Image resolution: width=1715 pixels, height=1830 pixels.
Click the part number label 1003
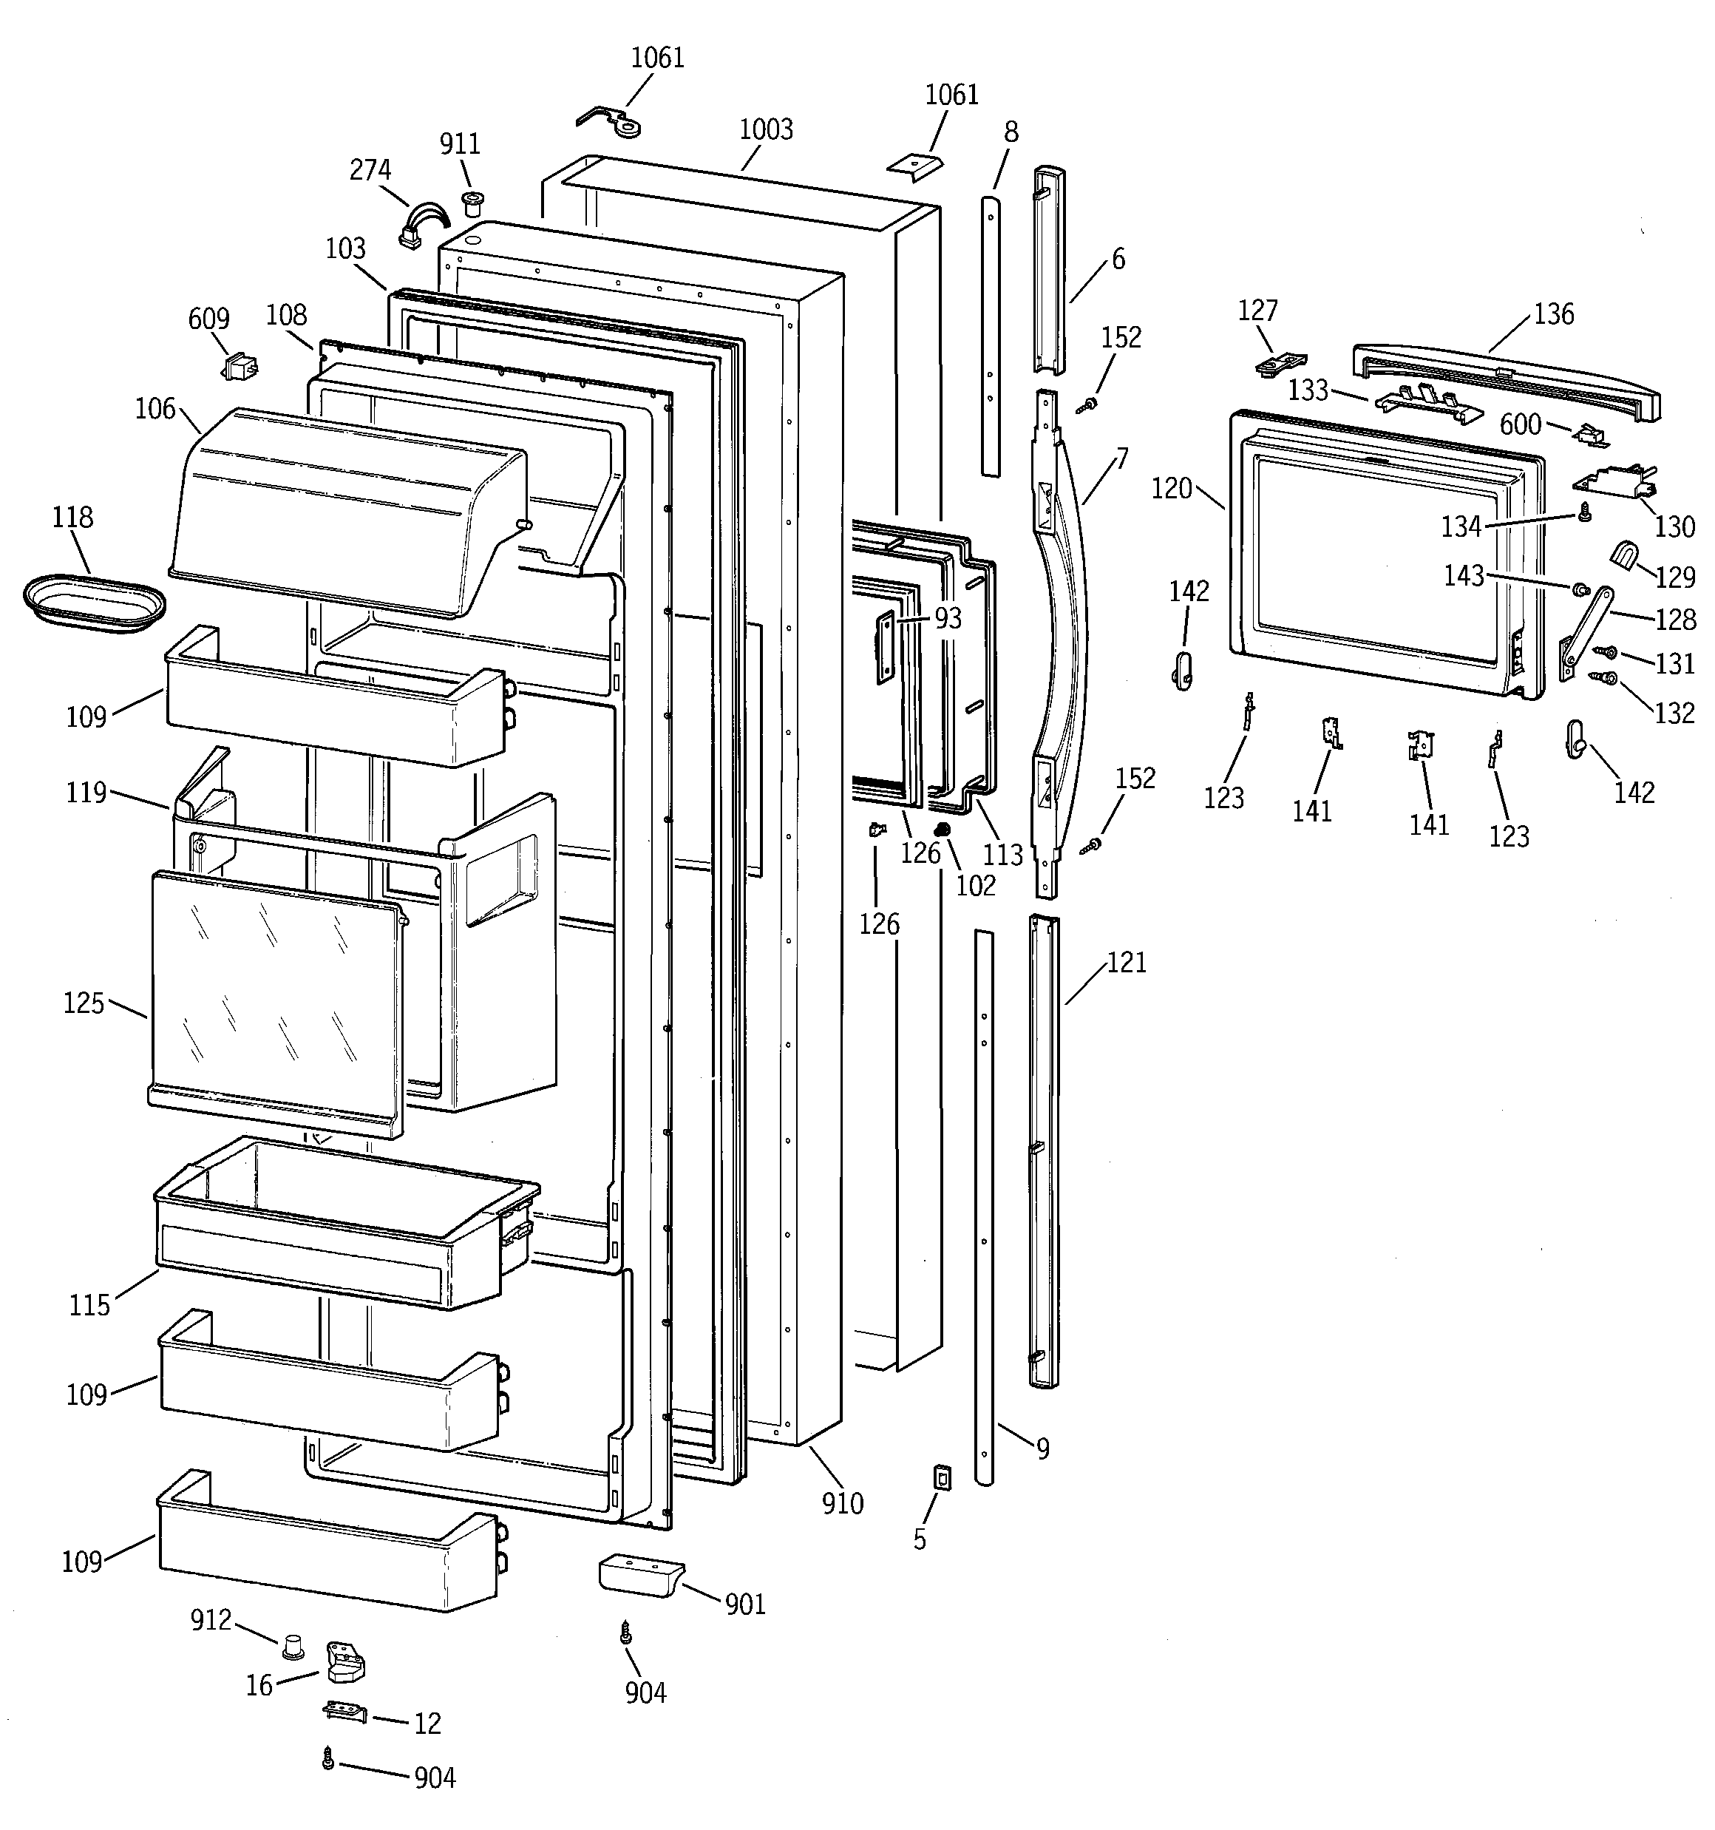(765, 130)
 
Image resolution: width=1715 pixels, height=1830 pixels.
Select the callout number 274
(370, 170)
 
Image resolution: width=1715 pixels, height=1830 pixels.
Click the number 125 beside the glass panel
(83, 1003)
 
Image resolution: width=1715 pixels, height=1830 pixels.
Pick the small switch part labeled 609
(240, 368)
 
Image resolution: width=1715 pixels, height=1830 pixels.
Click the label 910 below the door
(842, 1504)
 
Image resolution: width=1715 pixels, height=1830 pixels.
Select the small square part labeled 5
(942, 1477)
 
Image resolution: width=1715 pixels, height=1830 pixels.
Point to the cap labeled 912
(293, 1645)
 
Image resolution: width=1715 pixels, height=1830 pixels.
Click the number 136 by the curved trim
(1554, 315)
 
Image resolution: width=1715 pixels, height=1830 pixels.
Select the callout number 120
(1171, 489)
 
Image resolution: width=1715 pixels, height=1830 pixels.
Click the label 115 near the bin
(89, 1305)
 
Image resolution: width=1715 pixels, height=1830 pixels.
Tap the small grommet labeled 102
(941, 830)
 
